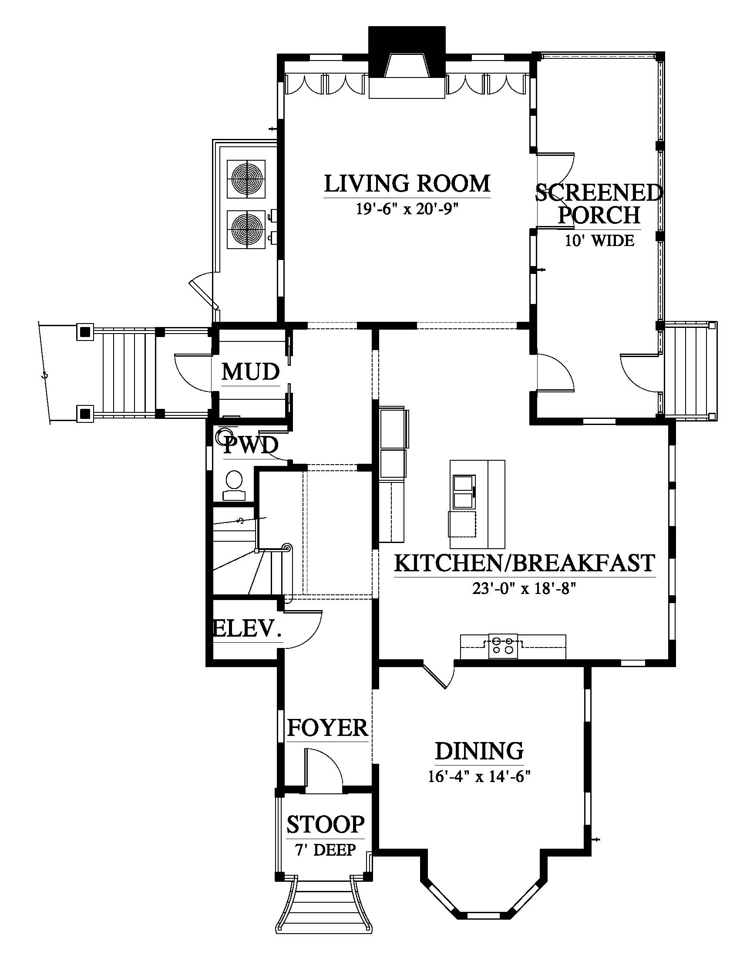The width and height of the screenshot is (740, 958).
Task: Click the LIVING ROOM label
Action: pyautogui.click(x=407, y=184)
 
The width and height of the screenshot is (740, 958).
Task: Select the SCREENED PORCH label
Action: pyautogui.click(x=599, y=204)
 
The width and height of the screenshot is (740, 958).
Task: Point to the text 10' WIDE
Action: pyautogui.click(x=599, y=240)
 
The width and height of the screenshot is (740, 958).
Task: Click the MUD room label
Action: pyautogui.click(x=251, y=372)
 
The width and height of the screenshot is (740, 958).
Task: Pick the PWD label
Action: pyautogui.click(x=251, y=446)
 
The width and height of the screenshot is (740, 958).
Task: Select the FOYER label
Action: pyautogui.click(x=327, y=728)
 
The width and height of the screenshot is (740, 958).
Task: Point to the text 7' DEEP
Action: pyautogui.click(x=325, y=850)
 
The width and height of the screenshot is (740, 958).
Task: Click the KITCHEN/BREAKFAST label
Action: pyautogui.click(x=525, y=563)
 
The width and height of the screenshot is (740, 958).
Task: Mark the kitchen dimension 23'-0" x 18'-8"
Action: pyautogui.click(x=523, y=589)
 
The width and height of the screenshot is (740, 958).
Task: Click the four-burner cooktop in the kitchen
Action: pyautogui.click(x=503, y=646)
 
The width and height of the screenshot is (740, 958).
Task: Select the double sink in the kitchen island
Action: pyautogui.click(x=463, y=491)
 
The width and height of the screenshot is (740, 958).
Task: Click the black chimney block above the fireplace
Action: pyautogui.click(x=407, y=52)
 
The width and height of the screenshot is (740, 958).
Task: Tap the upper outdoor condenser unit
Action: pyautogui.click(x=246, y=179)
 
